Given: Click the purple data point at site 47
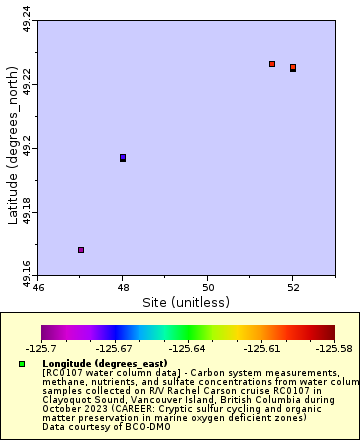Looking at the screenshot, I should click(81, 249).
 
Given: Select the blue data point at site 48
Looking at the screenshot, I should click(123, 157).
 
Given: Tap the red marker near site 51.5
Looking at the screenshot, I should click(272, 64).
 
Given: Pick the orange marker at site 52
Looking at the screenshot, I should click(293, 67).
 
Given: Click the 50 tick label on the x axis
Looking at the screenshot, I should click(207, 287).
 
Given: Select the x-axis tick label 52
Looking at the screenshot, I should click(292, 287).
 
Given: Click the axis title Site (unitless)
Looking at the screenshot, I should click(186, 302).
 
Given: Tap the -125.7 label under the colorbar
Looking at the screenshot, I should click(41, 348).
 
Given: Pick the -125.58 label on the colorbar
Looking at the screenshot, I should click(333, 348).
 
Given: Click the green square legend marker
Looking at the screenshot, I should click(22, 363).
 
